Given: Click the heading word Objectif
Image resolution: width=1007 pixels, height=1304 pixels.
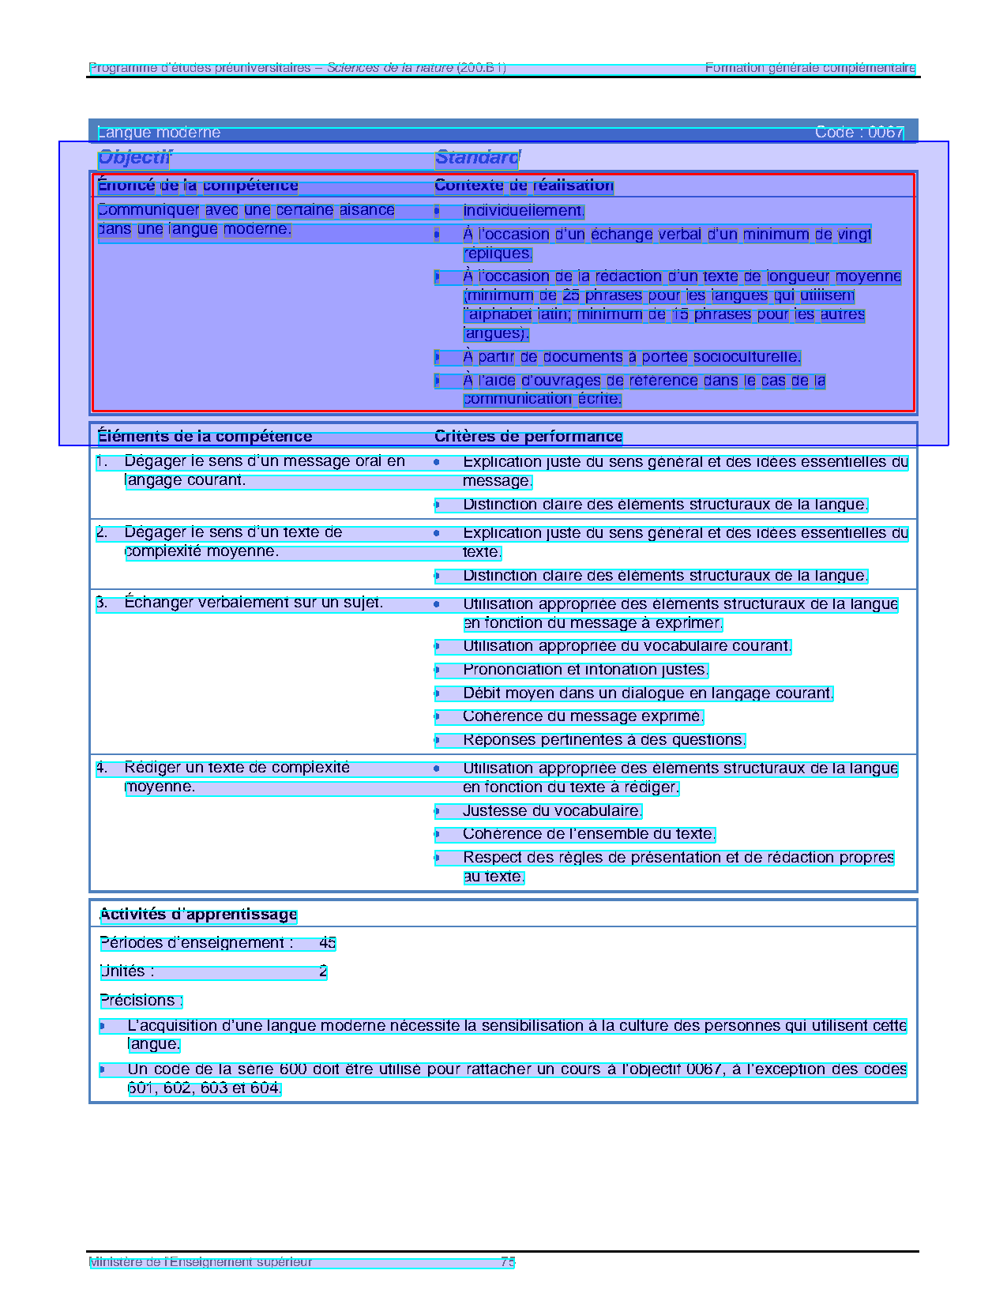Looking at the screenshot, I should pos(133,158).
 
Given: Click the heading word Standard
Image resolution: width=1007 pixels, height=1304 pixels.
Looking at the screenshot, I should pos(476,158).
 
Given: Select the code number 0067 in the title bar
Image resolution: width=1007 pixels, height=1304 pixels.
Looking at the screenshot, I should pos(885,133).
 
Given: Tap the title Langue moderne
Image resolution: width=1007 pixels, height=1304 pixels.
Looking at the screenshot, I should pos(159,133).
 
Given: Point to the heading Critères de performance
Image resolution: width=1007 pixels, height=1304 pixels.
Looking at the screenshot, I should pos(528,437).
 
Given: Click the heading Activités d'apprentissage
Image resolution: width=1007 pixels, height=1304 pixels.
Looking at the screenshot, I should pos(198,915).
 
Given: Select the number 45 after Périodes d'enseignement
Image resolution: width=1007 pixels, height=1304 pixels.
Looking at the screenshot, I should pos(327,943).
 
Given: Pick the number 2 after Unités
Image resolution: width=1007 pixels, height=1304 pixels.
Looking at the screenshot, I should pos(323,971).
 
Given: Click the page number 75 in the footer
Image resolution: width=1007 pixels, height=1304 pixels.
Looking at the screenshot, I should pos(508,1262).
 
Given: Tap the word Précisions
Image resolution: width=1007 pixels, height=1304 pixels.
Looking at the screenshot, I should pos(141,1001).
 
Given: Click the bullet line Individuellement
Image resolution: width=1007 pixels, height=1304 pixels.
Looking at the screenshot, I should pos(523,211).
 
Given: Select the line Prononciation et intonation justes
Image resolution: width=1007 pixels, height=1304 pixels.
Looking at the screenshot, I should pos(584,670).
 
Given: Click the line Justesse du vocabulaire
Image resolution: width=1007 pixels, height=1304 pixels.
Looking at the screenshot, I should pos(552,811).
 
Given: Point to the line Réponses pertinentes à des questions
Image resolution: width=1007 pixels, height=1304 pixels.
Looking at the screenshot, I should pos(603,740).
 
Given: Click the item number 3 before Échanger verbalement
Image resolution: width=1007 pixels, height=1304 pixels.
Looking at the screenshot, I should pos(102,603).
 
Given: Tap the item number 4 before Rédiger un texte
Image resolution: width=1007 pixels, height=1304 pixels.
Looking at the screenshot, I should pos(102,768).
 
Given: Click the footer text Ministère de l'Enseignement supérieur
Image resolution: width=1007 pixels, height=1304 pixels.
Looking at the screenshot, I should pos(201,1262).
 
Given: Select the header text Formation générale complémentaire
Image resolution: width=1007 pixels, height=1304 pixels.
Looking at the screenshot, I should pos(810,68).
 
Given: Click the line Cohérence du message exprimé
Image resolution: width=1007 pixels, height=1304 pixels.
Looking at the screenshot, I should pos(582,716).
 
